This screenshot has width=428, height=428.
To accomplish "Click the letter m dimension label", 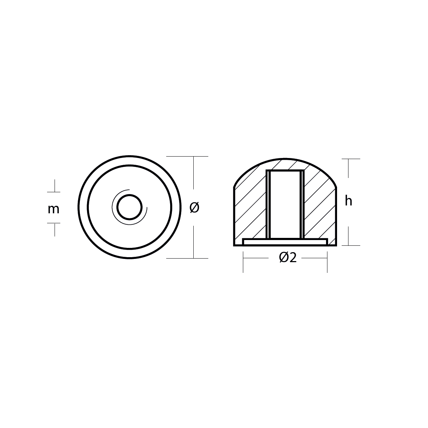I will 53,209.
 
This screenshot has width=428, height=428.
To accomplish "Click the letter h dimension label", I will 348,202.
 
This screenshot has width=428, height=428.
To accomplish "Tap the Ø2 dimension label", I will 287,257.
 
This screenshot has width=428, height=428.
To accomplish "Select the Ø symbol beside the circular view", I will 194,207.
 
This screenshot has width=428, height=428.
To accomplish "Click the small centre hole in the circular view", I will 129,207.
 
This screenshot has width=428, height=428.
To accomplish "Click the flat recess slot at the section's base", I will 285,242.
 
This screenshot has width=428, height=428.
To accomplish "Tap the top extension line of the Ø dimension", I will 187,156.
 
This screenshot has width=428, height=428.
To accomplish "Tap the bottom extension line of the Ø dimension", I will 187,258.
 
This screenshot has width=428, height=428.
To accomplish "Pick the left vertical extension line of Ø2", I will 243,262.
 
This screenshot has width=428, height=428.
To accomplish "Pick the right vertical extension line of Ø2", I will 327,262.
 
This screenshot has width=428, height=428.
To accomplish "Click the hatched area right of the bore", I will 319,210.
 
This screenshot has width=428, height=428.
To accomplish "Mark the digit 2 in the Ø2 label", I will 292,257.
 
